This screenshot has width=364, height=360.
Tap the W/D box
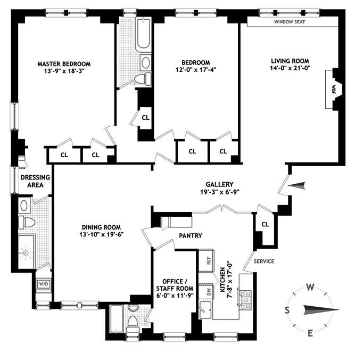pyautogui.click(x=43, y=284)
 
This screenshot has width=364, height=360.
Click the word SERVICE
pyautogui.click(x=263, y=261)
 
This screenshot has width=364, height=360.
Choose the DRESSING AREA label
pyautogui.click(x=35, y=181)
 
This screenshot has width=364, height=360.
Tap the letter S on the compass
pyautogui.click(x=288, y=310)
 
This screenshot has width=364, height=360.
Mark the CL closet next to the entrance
pyautogui.click(x=265, y=225)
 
